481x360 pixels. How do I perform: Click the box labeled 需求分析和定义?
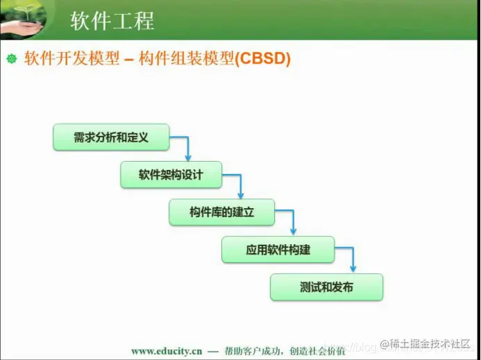click(111, 137)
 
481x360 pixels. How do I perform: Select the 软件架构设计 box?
click(171, 175)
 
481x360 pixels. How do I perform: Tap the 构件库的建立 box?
click(221, 212)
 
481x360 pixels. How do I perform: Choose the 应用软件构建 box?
click(278, 250)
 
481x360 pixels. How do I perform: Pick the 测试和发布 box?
click(326, 287)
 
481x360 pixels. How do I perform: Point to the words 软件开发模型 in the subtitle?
click(67, 59)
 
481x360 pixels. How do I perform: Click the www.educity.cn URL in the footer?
click(166, 351)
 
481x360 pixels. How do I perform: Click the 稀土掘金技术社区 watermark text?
click(430, 344)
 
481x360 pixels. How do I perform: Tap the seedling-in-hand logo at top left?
click(22, 19)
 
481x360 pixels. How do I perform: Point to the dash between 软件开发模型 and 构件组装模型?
click(128, 60)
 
